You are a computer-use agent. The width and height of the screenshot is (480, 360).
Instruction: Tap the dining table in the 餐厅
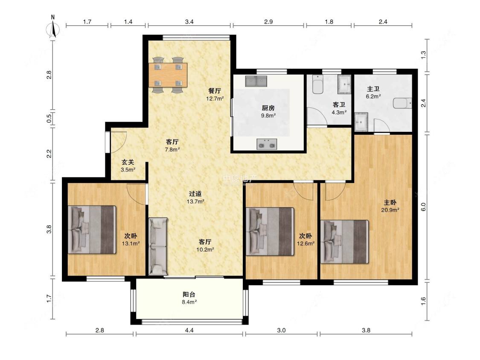(x=168, y=75)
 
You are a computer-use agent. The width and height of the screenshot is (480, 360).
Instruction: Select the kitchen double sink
(x=256, y=81)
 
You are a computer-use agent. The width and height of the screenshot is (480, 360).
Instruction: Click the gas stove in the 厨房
(x=267, y=144)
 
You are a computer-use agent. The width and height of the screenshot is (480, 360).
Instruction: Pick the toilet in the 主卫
(x=402, y=104)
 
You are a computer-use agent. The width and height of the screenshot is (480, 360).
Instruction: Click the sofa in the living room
(x=158, y=247)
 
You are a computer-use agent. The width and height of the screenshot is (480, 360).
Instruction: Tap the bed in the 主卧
(x=344, y=241)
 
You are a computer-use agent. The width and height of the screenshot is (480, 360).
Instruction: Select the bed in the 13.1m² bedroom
(x=92, y=229)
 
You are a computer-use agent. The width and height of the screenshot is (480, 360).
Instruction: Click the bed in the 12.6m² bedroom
(x=270, y=232)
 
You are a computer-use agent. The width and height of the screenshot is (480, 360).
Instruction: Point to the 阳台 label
(x=189, y=294)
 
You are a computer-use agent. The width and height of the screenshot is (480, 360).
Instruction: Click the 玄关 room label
(x=128, y=162)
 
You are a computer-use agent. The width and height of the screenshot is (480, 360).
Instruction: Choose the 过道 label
(x=195, y=194)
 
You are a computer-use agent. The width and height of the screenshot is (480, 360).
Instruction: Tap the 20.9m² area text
(x=390, y=210)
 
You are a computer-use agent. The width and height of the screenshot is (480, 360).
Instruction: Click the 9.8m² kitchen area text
(x=268, y=116)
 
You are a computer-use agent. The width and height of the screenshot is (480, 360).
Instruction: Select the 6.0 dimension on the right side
(x=423, y=207)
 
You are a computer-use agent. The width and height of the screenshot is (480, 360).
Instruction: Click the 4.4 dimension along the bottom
(x=189, y=330)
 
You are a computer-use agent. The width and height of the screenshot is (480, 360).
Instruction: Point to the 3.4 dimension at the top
(x=189, y=22)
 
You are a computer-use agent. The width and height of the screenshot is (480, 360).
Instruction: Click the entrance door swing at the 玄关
(x=119, y=142)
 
